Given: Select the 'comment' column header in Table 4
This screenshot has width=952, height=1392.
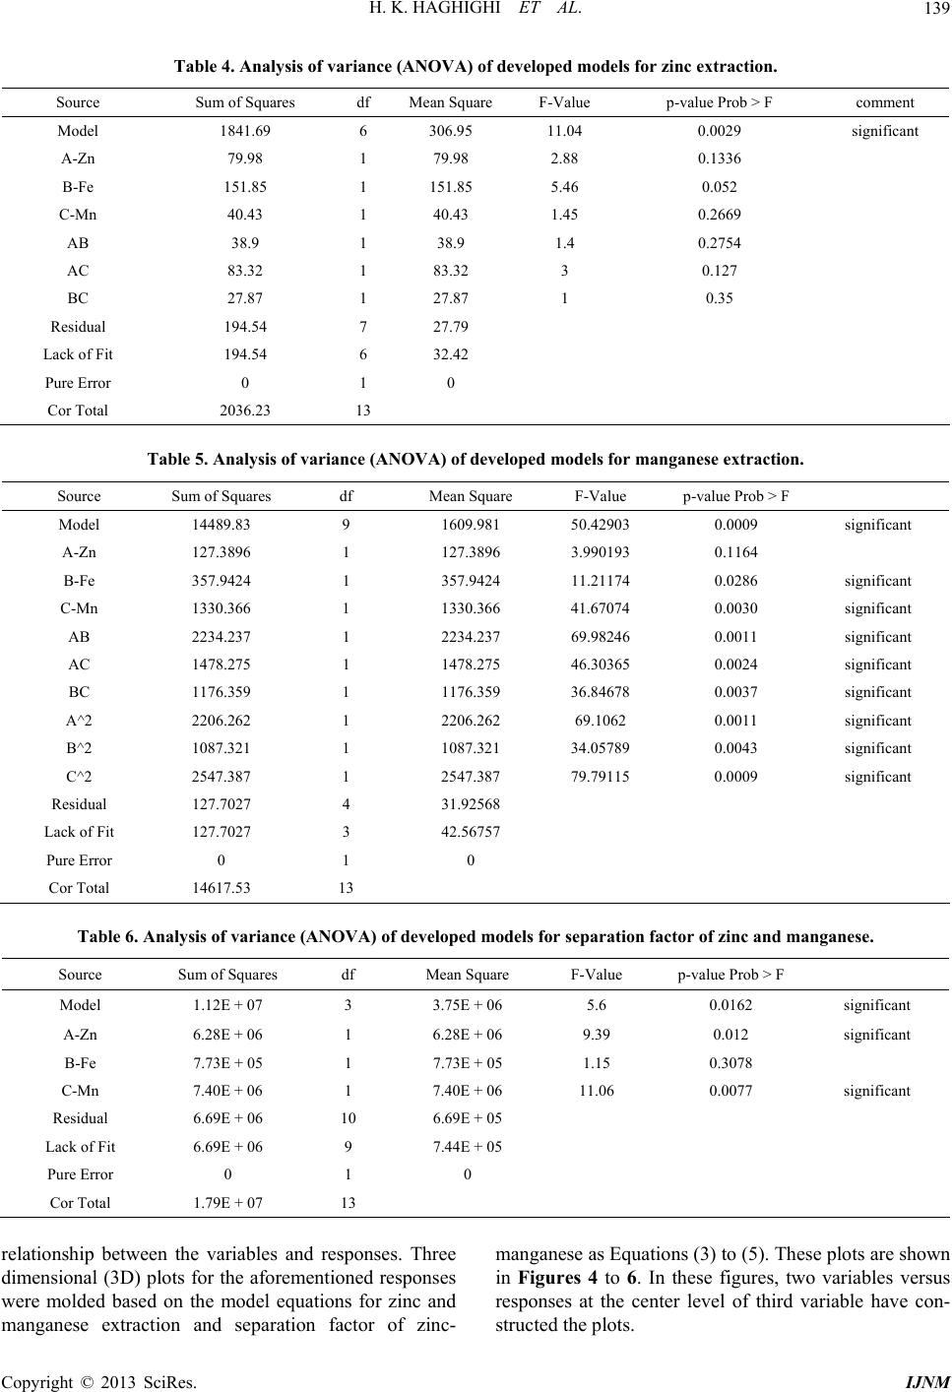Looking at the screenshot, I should coord(884,102).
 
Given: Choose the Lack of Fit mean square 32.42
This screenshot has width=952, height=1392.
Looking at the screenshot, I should coord(450,354).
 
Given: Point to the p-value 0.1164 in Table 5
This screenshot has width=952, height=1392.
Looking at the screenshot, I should coord(735,553).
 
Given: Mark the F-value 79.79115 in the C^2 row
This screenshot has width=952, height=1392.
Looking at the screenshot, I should coord(599,777).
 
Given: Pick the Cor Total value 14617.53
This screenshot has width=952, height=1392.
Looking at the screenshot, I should coord(222,888).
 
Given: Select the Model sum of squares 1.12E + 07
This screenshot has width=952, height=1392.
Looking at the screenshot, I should coord(227,1006).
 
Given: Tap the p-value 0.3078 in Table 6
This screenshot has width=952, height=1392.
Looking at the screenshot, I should coord(730,1062).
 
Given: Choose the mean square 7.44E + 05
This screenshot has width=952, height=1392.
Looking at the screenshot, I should coord(467,1147).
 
